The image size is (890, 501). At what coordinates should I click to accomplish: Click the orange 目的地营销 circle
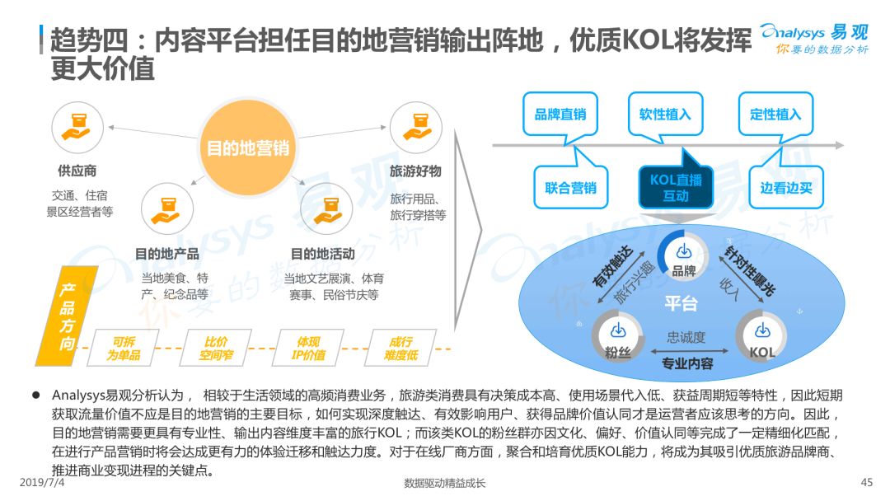click(247, 147)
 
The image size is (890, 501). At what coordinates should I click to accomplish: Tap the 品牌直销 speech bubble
click(560, 115)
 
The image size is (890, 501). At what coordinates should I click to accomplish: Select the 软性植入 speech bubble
click(665, 115)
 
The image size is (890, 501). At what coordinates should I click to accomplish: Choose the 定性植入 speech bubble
click(775, 115)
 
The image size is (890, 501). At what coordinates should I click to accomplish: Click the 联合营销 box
click(570, 187)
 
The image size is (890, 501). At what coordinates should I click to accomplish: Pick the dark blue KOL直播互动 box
click(676, 187)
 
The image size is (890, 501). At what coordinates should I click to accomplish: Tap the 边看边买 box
click(786, 187)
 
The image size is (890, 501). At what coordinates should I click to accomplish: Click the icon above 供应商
click(77, 128)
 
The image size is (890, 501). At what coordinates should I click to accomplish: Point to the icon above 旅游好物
click(416, 128)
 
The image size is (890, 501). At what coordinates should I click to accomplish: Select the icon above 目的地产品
click(166, 208)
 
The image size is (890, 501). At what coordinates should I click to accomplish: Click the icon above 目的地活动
click(326, 208)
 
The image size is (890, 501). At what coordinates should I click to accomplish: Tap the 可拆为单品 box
click(124, 348)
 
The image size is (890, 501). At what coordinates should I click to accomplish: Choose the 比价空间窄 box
click(216, 348)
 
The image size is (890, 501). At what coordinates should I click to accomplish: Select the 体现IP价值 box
click(309, 348)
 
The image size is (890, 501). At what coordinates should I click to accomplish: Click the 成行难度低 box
click(401, 348)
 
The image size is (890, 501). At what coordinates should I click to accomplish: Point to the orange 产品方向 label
click(67, 316)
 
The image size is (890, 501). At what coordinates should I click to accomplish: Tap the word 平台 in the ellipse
click(682, 303)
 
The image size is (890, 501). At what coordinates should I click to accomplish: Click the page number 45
click(867, 482)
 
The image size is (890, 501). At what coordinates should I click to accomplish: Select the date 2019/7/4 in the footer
click(42, 482)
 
